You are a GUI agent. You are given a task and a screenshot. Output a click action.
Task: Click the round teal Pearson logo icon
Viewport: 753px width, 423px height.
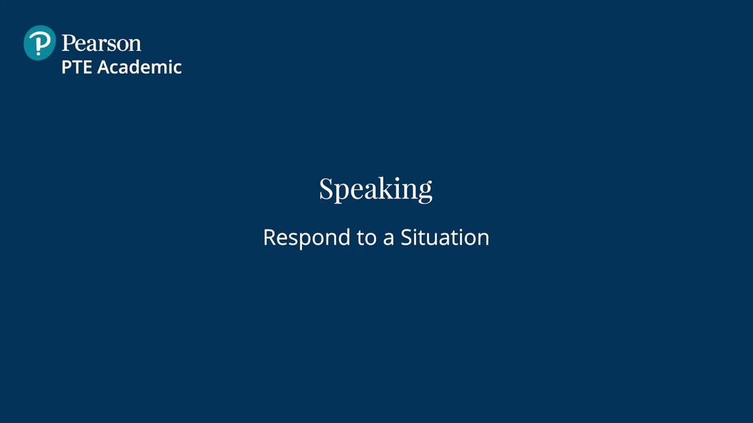tap(39, 43)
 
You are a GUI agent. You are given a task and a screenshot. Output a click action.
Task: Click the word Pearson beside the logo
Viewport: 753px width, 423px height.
tap(101, 43)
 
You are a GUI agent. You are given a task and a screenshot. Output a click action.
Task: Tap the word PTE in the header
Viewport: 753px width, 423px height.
tap(77, 67)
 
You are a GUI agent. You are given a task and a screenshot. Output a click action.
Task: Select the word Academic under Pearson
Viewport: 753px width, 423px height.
tap(139, 67)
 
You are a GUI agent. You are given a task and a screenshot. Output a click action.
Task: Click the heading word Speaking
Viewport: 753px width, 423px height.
tap(375, 189)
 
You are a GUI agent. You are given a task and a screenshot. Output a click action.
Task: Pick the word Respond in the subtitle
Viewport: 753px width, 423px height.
tap(306, 237)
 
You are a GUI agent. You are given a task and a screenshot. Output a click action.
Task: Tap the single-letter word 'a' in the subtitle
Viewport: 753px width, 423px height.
tap(388, 239)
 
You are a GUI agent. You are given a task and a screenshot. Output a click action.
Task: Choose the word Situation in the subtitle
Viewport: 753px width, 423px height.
tap(445, 237)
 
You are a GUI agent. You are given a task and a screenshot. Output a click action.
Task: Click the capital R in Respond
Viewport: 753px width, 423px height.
tap(269, 237)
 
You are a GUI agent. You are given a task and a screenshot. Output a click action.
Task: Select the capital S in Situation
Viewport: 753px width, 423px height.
tap(407, 237)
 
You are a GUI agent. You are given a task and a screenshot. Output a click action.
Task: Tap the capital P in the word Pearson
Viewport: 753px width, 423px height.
tap(68, 43)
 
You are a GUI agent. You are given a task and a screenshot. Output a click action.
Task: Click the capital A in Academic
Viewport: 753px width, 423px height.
tap(104, 67)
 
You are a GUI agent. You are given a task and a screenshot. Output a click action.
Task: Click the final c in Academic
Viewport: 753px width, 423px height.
tap(178, 69)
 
